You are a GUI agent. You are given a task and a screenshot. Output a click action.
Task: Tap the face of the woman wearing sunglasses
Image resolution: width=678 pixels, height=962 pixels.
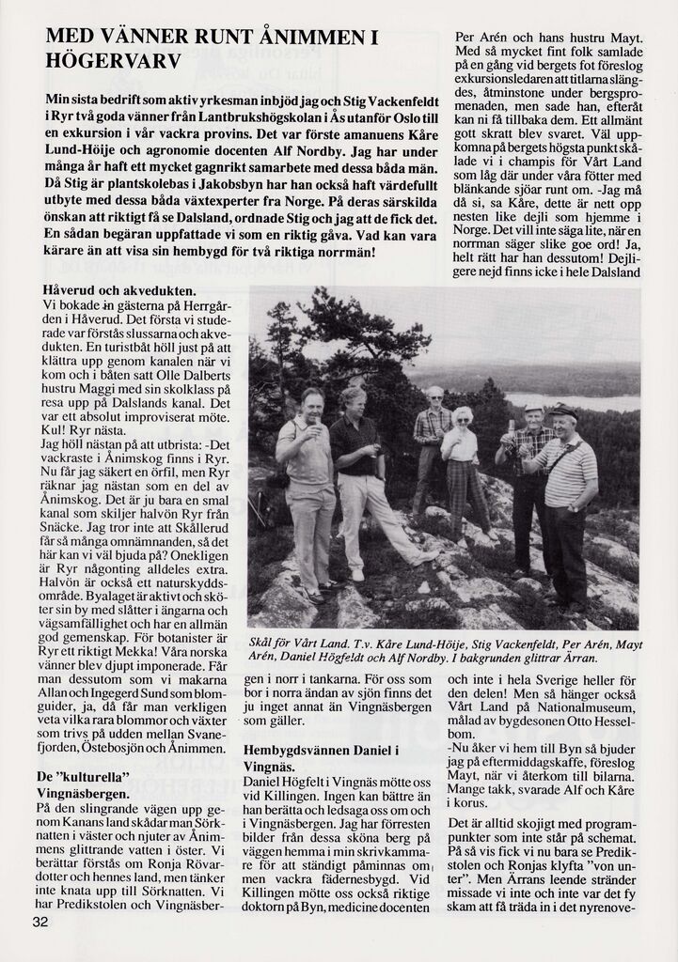[x=462, y=419]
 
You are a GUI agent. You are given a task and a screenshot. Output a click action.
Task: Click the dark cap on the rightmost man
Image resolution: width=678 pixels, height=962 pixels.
[x=563, y=411]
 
